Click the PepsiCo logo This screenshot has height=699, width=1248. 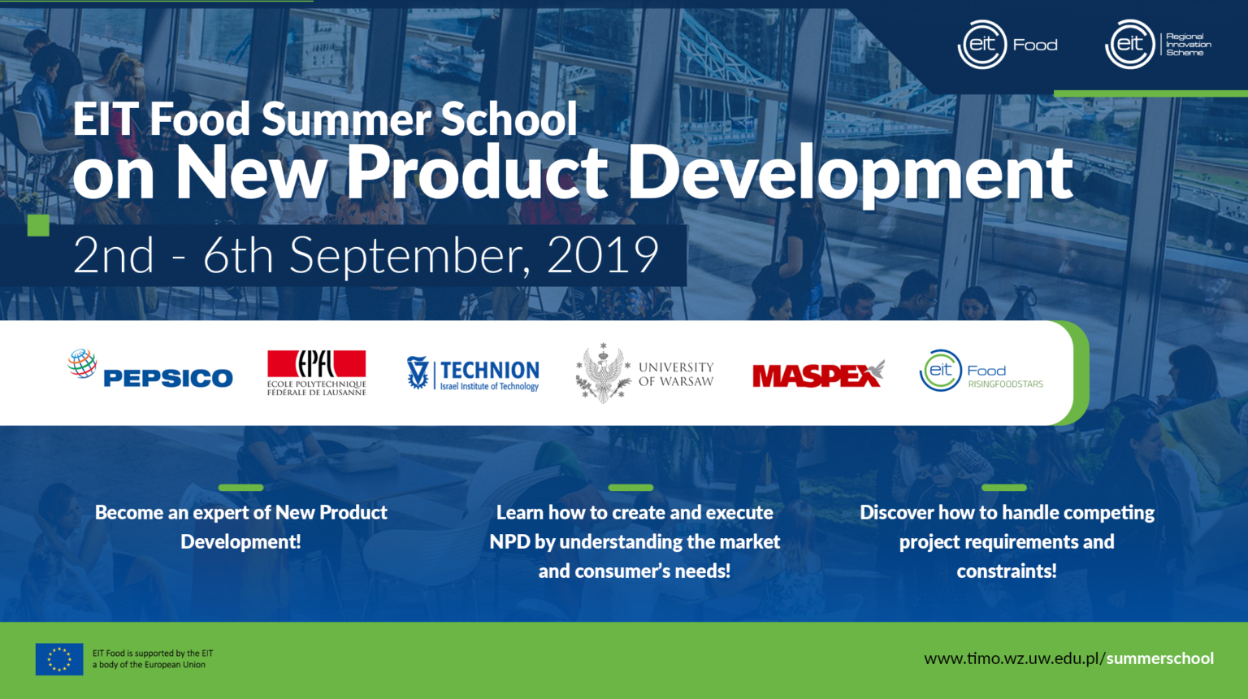[x=150, y=369]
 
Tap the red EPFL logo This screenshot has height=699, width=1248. [x=316, y=372]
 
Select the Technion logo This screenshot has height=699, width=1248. [x=473, y=373]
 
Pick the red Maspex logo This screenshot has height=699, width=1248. [x=818, y=374]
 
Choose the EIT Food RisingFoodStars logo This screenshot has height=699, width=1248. [x=981, y=371]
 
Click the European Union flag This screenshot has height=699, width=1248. [x=59, y=659]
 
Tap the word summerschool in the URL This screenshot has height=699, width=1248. [x=1160, y=659]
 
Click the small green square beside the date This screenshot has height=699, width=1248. [x=38, y=225]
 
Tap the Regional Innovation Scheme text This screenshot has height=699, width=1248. [x=1189, y=45]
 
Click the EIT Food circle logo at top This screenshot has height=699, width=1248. [x=981, y=45]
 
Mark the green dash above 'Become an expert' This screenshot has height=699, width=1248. [x=240, y=488]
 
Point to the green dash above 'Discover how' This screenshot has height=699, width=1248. [x=1004, y=488]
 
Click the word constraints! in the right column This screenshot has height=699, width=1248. [x=1007, y=571]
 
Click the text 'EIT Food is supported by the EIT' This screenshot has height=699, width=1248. [x=153, y=653]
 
